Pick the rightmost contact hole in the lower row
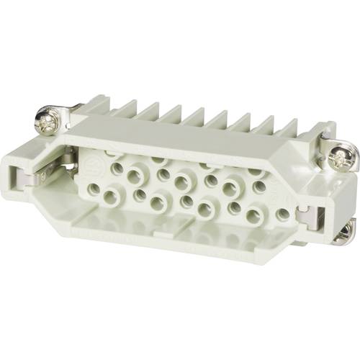tap(283, 214)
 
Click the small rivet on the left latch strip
tap(43, 176)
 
